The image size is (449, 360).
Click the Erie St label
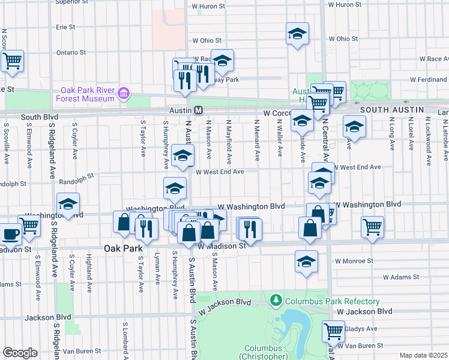click(x=65, y=27)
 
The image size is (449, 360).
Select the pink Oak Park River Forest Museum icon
click(x=124, y=93)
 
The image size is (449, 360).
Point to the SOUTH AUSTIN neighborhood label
click(x=392, y=110)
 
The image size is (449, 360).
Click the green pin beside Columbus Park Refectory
click(x=276, y=299)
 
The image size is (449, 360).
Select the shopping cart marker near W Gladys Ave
click(x=333, y=331)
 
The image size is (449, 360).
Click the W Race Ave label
click(x=434, y=59)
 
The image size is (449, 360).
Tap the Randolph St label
click(x=77, y=178)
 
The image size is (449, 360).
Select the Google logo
click(x=20, y=353)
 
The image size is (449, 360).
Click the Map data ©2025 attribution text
click(x=423, y=355)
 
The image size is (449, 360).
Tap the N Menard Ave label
click(x=256, y=148)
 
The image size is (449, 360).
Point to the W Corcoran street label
click(x=277, y=113)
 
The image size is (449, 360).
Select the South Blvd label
click(x=39, y=118)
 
